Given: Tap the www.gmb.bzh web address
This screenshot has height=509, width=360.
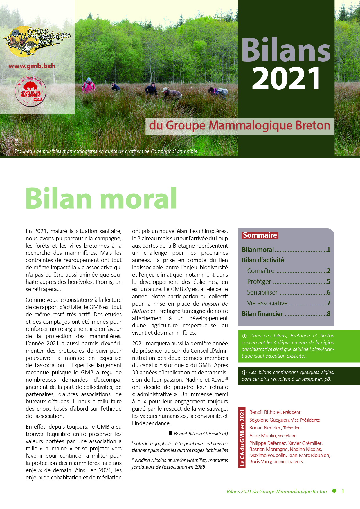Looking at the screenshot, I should point(32,66).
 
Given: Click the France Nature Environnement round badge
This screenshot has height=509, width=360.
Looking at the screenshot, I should point(30,91).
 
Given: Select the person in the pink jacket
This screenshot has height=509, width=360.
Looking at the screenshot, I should point(89,85).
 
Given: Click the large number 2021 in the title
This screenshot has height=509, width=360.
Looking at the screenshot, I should point(286,78).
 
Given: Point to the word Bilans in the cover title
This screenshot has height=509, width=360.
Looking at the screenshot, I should point(286,50).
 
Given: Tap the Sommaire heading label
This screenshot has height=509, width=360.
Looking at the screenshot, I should point(260,235).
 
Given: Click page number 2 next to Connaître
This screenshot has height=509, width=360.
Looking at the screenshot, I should point(329,271).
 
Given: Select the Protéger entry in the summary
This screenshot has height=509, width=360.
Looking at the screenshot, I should point(259,282).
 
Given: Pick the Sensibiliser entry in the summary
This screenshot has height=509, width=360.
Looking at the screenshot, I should point(262,293).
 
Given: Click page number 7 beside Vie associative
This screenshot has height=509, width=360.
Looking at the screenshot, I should point(329,303).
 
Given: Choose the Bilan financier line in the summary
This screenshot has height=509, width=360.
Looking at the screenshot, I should point(262,314).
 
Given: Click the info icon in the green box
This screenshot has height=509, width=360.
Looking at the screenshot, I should point(244,336).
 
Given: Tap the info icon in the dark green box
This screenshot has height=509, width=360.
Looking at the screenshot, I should point(244,373).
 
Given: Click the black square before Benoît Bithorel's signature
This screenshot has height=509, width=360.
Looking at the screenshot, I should point(171,433).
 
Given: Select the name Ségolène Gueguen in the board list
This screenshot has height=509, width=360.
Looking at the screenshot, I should point(269,420).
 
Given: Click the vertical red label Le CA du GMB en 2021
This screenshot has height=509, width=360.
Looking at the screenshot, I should point(242,437).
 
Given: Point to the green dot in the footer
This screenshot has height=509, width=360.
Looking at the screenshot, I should point(334,491).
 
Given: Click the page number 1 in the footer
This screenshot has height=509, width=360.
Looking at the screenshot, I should point(343,491).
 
